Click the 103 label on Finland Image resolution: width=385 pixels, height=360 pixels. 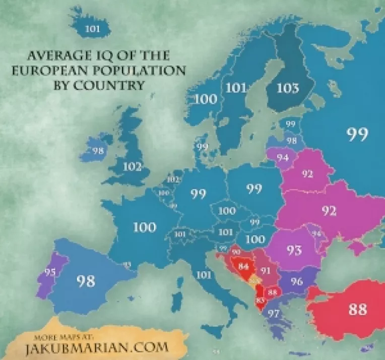[x=287, y=88]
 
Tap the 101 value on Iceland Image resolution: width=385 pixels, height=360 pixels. [x=92, y=29]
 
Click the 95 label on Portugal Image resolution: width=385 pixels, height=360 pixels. [x=49, y=272]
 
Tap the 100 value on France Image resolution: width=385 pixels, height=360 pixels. [x=144, y=227]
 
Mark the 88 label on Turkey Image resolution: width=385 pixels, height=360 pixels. [x=357, y=309]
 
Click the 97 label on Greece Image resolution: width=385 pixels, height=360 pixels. [x=274, y=314]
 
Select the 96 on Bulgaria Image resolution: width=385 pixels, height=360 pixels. [x=296, y=281]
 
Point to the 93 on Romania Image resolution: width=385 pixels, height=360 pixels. [x=294, y=249]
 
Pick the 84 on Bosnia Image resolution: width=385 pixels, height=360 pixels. [x=244, y=265]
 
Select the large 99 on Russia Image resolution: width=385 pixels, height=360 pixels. [x=357, y=134]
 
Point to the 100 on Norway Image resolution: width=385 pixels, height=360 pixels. [x=206, y=98]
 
